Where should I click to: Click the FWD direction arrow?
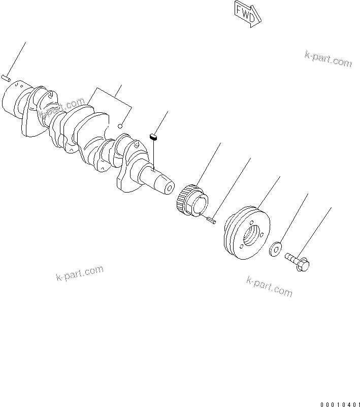[x=247, y=13]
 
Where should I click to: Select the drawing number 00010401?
[x=339, y=404]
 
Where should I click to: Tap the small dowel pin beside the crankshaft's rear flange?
[x=6, y=78]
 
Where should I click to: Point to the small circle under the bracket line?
[x=120, y=126]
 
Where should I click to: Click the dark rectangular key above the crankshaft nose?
[x=153, y=136]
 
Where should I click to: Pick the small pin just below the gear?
[x=212, y=220]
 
